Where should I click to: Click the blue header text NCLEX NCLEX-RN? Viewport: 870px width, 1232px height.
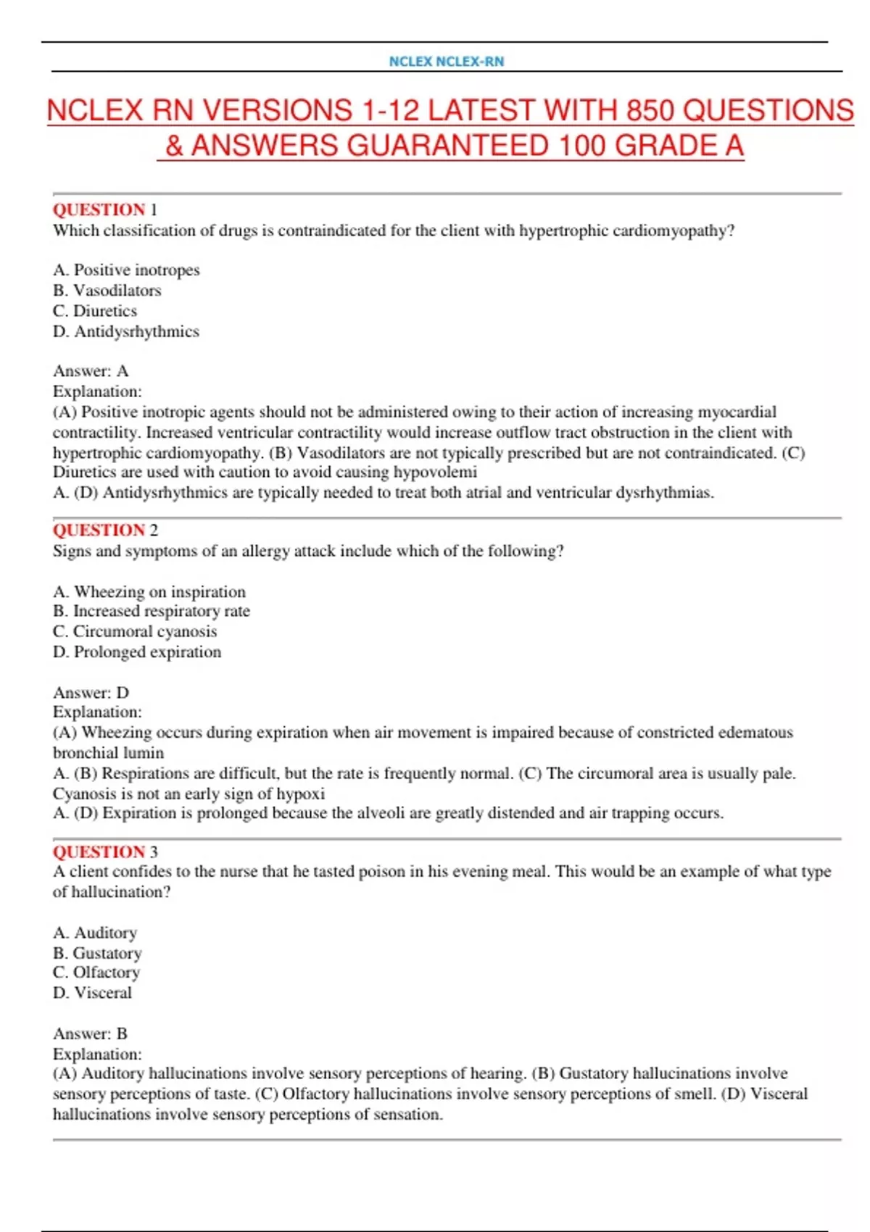tap(446, 62)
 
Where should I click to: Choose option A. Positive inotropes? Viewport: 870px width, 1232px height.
tap(126, 270)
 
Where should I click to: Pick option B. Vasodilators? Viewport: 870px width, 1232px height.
tap(107, 290)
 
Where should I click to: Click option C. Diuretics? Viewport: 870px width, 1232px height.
tap(95, 311)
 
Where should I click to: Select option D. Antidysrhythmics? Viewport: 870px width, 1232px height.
tap(126, 331)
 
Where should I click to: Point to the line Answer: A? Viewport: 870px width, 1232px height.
tap(91, 371)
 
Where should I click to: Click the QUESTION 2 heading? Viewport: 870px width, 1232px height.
tap(105, 530)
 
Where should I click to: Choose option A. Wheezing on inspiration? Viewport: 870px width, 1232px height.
tap(149, 591)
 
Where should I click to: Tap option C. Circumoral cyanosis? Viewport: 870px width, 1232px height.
tap(135, 631)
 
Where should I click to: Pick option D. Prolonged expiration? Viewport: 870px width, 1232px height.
tap(137, 652)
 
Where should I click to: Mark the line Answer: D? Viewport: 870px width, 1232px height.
tap(91, 692)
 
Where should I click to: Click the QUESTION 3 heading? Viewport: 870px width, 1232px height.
tap(105, 852)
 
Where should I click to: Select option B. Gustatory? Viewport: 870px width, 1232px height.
tap(97, 953)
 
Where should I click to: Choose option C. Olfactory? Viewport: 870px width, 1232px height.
tap(96, 973)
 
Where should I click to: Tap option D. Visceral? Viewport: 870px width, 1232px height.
tap(93, 993)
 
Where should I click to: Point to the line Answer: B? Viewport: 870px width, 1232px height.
tap(90, 1033)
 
